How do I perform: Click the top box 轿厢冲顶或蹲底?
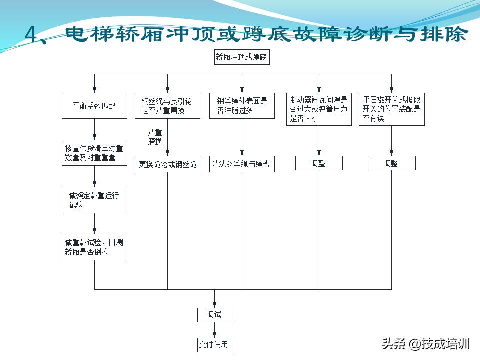pyautogui.click(x=242, y=57)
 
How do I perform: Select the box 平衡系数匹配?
pyautogui.click(x=94, y=106)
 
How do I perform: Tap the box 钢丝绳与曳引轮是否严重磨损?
pyautogui.click(x=167, y=106)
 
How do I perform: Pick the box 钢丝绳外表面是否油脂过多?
pyautogui.click(x=242, y=106)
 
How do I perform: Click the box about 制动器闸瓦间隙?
pyautogui.click(x=319, y=108)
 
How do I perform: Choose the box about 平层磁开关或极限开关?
pyautogui.click(x=392, y=108)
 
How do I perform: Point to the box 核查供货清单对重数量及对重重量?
pyautogui.click(x=94, y=153)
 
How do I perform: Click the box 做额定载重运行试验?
pyautogui.click(x=94, y=200)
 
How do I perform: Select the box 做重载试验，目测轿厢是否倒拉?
pyautogui.click(x=94, y=247)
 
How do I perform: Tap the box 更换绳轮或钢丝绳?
pyautogui.click(x=167, y=164)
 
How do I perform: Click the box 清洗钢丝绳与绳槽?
pyautogui.click(x=242, y=164)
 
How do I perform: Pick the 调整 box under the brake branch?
pyautogui.click(x=319, y=163)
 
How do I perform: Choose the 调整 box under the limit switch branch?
pyautogui.click(x=392, y=163)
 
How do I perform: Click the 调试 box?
pyautogui.click(x=214, y=314)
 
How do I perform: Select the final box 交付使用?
pyautogui.click(x=214, y=344)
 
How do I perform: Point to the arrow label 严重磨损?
pyautogui.click(x=155, y=137)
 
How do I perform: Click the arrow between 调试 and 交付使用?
pyautogui.click(x=214, y=329)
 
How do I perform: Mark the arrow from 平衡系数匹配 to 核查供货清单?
pyautogui.click(x=94, y=129)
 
